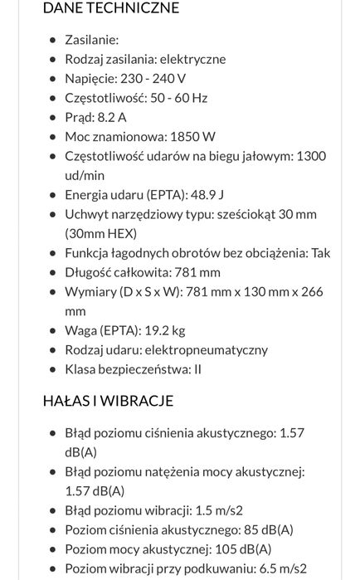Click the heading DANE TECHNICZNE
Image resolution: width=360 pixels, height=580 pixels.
coord(111,8)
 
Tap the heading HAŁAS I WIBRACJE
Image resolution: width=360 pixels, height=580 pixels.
coord(108,401)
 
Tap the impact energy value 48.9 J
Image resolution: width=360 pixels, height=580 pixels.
coord(208,195)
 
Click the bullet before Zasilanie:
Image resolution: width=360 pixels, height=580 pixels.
coord(54,40)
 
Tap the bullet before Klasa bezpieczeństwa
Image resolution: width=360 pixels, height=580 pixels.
coord(54,369)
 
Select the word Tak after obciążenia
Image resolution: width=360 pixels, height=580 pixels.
coord(320,253)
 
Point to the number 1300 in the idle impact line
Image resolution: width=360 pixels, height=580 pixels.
coord(311,156)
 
